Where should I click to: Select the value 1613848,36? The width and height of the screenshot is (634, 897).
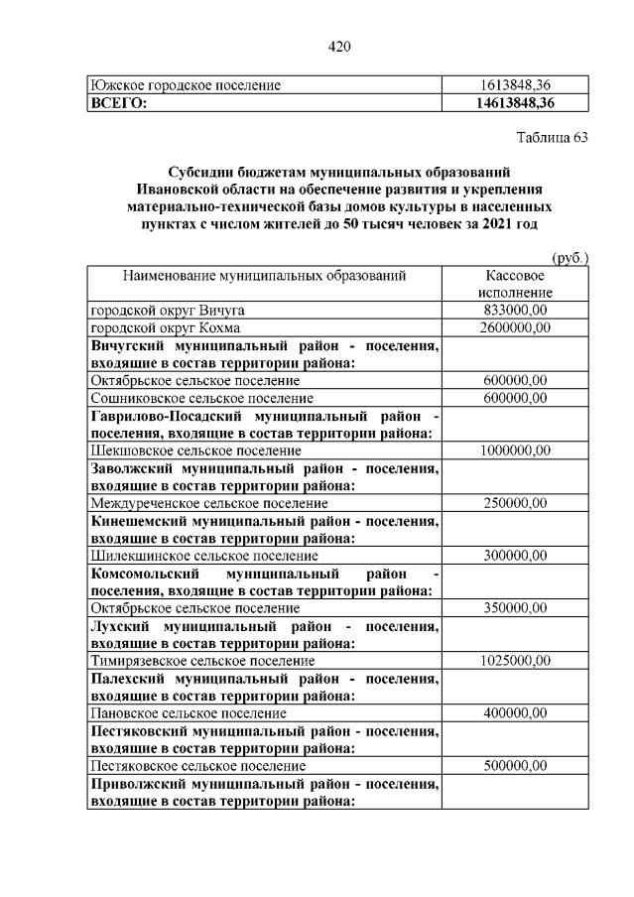[x=515, y=85]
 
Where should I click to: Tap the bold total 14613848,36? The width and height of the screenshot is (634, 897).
[x=515, y=102]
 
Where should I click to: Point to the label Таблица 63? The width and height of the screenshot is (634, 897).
[x=553, y=138]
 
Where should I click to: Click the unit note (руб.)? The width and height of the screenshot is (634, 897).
[x=569, y=257]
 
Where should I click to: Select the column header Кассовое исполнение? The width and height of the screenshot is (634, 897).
[x=515, y=284]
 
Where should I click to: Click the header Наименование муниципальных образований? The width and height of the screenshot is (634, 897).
[x=265, y=275]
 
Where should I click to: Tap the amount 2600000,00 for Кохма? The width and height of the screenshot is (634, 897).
[x=515, y=327]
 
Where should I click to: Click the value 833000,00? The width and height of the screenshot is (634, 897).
[x=515, y=310]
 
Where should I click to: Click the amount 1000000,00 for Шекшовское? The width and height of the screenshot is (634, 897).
[x=515, y=449]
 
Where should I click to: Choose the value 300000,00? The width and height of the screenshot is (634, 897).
[x=515, y=555]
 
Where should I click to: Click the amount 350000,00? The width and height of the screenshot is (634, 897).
[x=515, y=607]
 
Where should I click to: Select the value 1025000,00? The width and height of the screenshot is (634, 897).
[x=515, y=660]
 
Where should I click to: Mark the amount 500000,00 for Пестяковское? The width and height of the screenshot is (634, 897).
[x=515, y=765]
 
